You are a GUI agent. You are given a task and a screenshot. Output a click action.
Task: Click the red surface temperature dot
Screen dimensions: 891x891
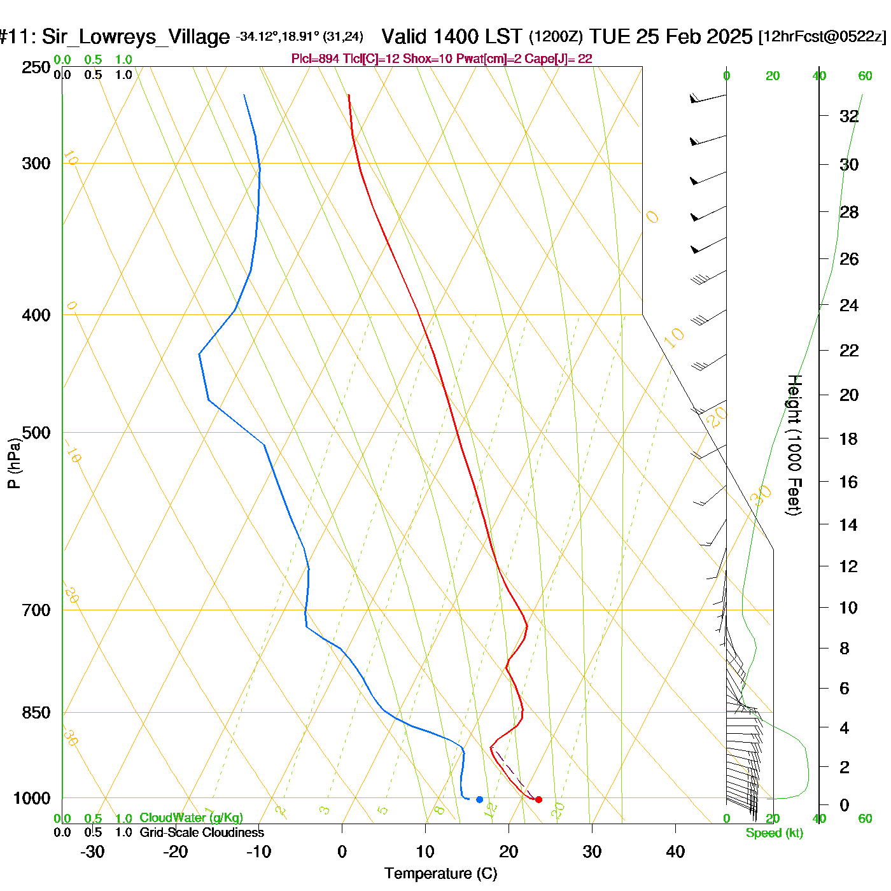tap(538, 799)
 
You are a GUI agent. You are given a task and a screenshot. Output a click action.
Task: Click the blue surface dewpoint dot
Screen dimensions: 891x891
tap(479, 799)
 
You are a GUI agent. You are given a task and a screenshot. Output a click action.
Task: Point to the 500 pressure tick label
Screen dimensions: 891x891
tap(36, 433)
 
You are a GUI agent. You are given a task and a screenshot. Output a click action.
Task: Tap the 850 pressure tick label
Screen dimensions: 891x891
tap(36, 713)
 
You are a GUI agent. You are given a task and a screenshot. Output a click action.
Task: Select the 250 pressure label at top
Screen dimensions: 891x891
tap(36, 67)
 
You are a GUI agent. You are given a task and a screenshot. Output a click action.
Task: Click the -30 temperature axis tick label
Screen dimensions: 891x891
tap(92, 852)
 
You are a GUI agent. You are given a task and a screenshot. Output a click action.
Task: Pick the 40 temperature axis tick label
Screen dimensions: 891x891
tap(675, 852)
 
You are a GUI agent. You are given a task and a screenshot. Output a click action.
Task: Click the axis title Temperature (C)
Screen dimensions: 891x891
tap(440, 873)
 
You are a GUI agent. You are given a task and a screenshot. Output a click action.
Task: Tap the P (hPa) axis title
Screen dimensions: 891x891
tap(14, 463)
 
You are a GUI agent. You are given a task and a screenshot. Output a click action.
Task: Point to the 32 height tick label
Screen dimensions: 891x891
tap(849, 116)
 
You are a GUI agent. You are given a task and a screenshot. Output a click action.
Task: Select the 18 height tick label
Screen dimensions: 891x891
tap(848, 438)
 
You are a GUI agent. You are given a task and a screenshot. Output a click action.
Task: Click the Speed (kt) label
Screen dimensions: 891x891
tap(775, 833)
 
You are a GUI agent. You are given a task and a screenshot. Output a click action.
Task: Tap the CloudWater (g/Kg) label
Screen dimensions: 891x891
tap(191, 818)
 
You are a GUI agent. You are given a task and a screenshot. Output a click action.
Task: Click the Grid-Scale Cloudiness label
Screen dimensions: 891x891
tap(202, 832)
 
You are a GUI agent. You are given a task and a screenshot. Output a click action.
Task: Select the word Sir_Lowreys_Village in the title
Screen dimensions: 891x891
tap(136, 37)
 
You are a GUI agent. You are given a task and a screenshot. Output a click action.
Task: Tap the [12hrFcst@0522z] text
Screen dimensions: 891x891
tap(822, 37)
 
